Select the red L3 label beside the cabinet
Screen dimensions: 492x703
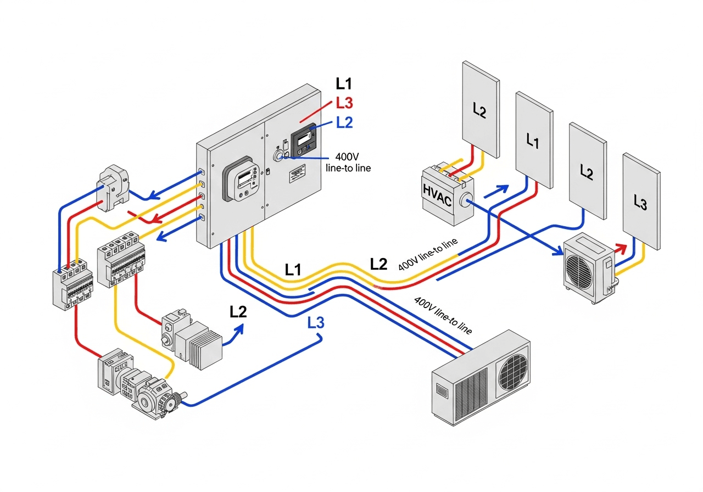pyautogui.click(x=344, y=103)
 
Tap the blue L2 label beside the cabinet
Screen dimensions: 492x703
pyautogui.click(x=344, y=122)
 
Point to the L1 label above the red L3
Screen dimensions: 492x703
pyautogui.click(x=344, y=84)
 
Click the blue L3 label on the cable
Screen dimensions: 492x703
pyautogui.click(x=316, y=323)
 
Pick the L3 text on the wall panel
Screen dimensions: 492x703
pyautogui.click(x=640, y=203)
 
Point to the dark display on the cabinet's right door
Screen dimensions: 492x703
pyautogui.click(x=304, y=141)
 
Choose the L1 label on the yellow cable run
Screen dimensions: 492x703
pyautogui.click(x=293, y=270)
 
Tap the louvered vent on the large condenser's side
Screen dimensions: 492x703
pyautogui.click(x=471, y=388)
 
